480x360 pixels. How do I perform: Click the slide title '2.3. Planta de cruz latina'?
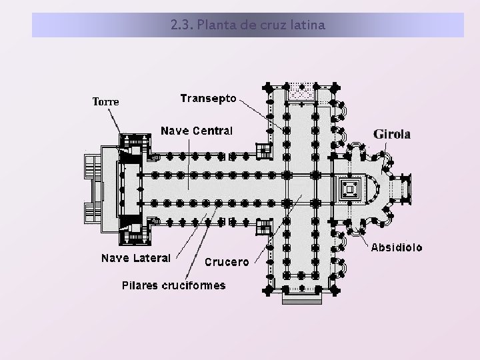[x=247, y=26]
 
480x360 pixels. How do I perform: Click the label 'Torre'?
[x=105, y=102]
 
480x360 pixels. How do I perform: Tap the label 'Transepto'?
[x=208, y=98]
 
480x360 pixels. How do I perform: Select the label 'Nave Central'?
[x=197, y=131]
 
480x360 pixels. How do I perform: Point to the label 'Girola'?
[x=392, y=134]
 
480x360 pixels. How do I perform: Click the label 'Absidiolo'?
[x=396, y=247]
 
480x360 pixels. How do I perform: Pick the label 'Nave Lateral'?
[x=136, y=257]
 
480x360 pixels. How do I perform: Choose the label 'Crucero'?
[x=227, y=262]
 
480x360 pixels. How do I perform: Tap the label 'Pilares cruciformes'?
[x=173, y=285]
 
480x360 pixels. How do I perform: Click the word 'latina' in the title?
[x=307, y=26]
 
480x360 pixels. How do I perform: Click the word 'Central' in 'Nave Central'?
[x=213, y=131]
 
